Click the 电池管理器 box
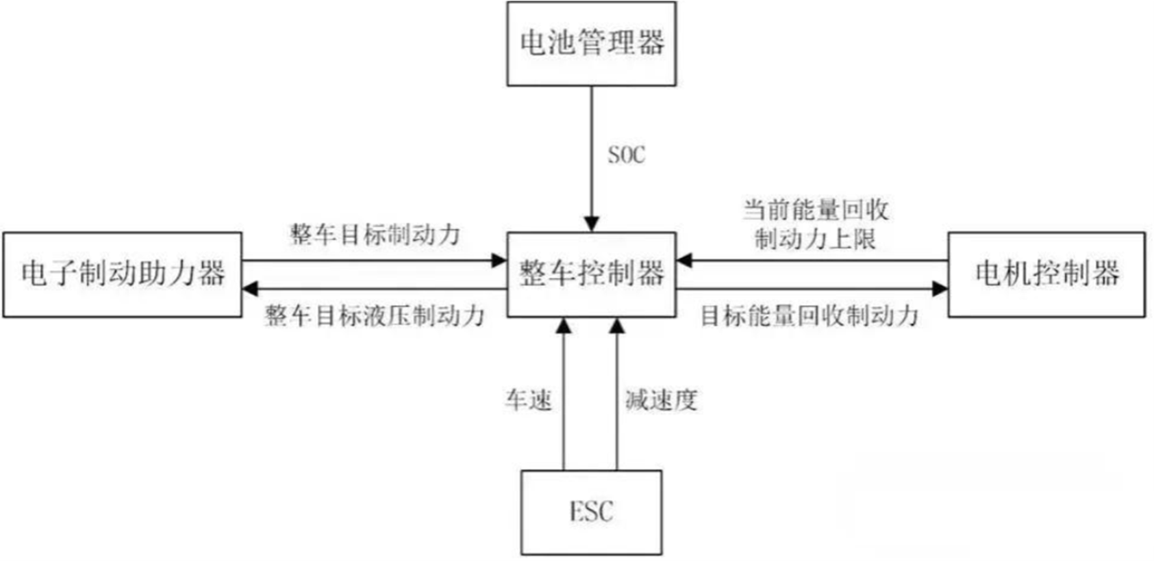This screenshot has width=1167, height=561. pyautogui.click(x=592, y=43)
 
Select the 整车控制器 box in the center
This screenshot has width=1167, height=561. pyautogui.click(x=592, y=274)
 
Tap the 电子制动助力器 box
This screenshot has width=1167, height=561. pyautogui.click(x=123, y=274)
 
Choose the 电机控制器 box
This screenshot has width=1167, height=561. pyautogui.click(x=1046, y=274)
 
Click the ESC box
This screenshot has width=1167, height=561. pyautogui.click(x=592, y=512)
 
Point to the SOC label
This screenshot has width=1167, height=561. pyautogui.click(x=626, y=155)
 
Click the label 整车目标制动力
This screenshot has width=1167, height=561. pyautogui.click(x=375, y=235)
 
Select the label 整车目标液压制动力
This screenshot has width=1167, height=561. pyautogui.click(x=375, y=316)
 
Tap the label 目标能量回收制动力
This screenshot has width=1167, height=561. pyautogui.click(x=809, y=316)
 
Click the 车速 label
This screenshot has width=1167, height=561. pyautogui.click(x=529, y=400)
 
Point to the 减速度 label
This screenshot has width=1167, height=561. pyautogui.click(x=661, y=400)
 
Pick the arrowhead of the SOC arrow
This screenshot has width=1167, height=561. pyautogui.click(x=592, y=225)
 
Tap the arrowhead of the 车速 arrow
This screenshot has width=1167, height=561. pyautogui.click(x=564, y=326)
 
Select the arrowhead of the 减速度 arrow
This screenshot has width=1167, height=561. pyautogui.click(x=617, y=326)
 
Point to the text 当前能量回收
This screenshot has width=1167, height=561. pyautogui.click(x=816, y=210)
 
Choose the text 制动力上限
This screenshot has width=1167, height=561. pyautogui.click(x=816, y=239)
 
